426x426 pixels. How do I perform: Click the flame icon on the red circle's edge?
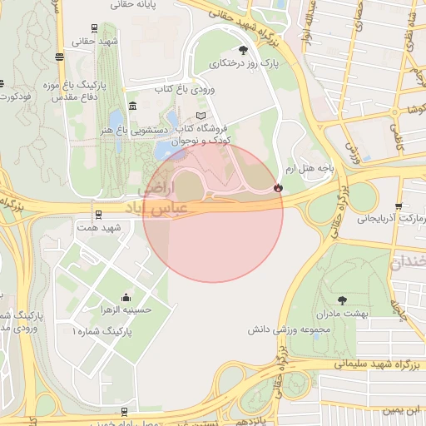click(x=277, y=189)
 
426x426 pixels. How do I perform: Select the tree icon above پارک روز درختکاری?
click(x=243, y=50)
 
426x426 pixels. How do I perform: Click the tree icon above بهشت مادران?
click(x=342, y=300)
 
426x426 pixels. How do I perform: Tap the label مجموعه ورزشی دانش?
click(x=284, y=330)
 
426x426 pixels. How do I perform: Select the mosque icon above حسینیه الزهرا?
click(x=126, y=297)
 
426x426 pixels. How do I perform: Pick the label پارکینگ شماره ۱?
click(x=102, y=331)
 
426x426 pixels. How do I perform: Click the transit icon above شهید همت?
click(x=97, y=214)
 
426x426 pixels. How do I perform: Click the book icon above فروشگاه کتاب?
click(x=200, y=115)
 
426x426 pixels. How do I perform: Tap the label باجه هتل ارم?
click(x=310, y=167)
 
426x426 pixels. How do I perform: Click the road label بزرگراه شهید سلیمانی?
click(x=379, y=364)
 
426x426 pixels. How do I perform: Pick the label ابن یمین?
click(x=403, y=411)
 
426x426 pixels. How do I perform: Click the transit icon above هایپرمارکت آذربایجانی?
click(x=399, y=206)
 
